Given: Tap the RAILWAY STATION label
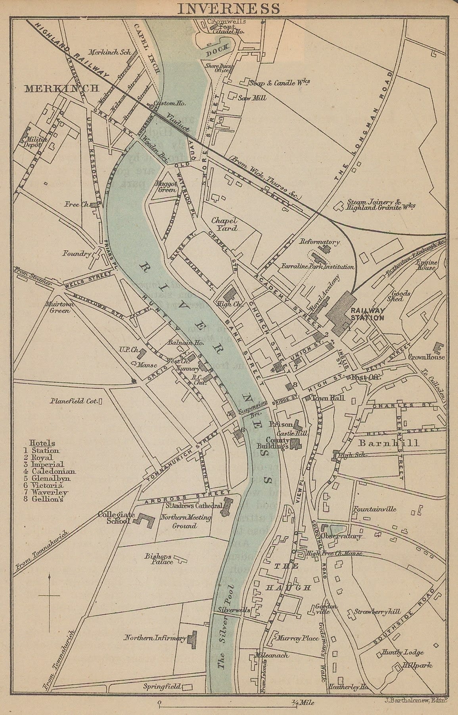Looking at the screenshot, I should pyautogui.click(x=367, y=314).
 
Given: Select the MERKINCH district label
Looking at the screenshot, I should pyautogui.click(x=61, y=88).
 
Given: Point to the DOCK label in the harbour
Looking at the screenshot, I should pyautogui.click(x=217, y=50).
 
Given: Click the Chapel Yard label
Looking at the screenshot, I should pyautogui.click(x=224, y=224).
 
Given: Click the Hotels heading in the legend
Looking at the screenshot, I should pyautogui.click(x=42, y=443).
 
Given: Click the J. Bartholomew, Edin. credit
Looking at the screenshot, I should pyautogui.click(x=416, y=700).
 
